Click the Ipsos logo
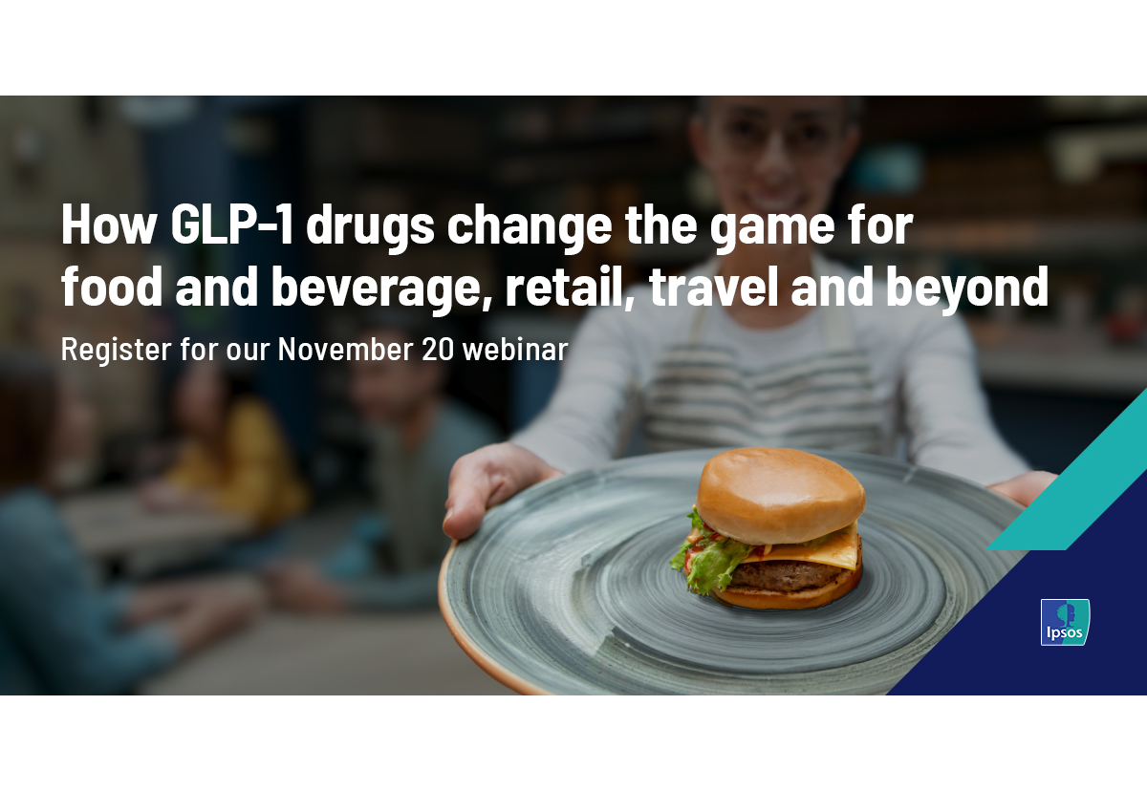pyautogui.click(x=1065, y=622)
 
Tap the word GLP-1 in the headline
pyautogui.click(x=232, y=224)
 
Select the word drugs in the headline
pyautogui.click(x=370, y=228)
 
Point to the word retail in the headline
pyautogui.click(x=570, y=287)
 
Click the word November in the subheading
pyautogui.click(x=346, y=349)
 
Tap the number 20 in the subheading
pyautogui.click(x=438, y=350)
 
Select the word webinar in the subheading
pyautogui.click(x=515, y=349)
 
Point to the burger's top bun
pyautogui.click(x=780, y=494)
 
